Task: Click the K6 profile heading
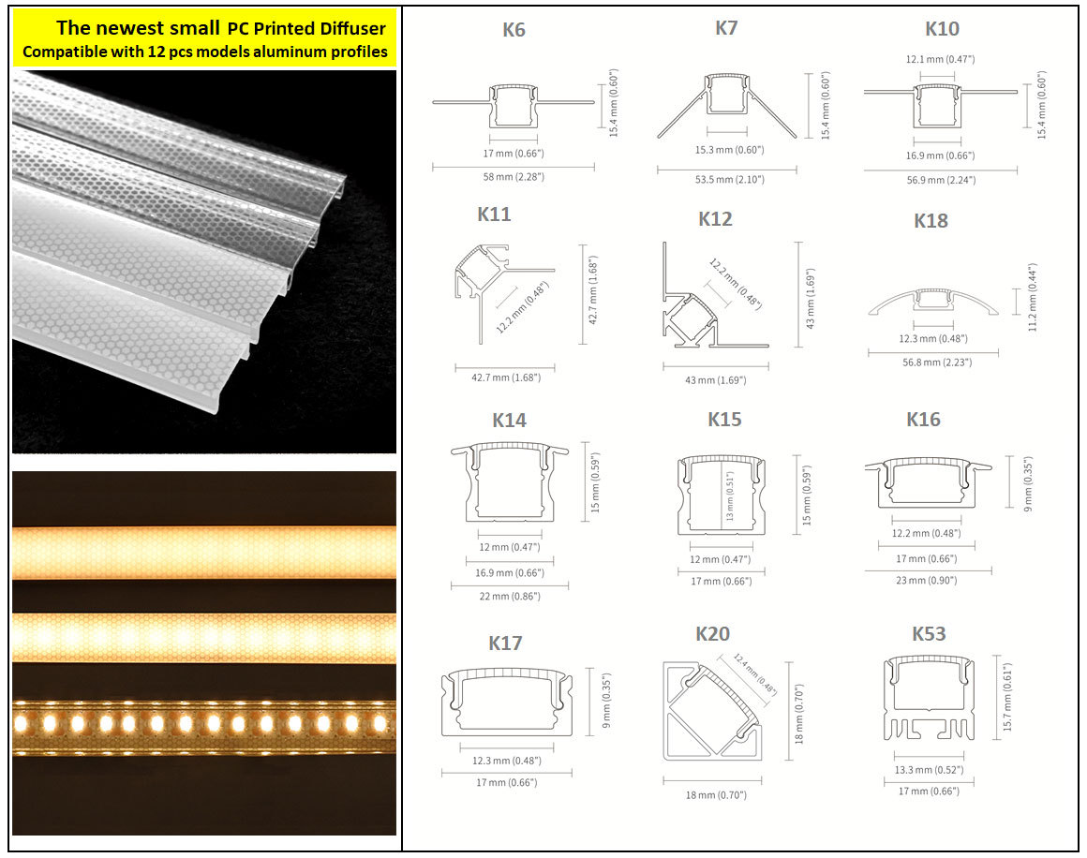click(514, 30)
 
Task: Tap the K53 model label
click(929, 633)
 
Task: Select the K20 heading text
click(713, 633)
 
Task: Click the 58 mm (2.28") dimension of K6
click(514, 177)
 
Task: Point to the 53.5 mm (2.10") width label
click(729, 180)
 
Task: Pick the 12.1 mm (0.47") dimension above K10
click(940, 59)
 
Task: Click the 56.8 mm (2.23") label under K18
click(936, 362)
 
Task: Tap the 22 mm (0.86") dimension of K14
click(510, 596)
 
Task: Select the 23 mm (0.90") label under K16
click(926, 580)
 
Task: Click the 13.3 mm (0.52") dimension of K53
click(929, 770)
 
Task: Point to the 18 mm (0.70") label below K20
click(716, 795)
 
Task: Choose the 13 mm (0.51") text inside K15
click(729, 496)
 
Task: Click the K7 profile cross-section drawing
click(727, 105)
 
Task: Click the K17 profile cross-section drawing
click(507, 703)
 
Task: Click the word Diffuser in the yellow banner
click(352, 28)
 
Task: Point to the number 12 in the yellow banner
click(156, 52)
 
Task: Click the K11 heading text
click(494, 214)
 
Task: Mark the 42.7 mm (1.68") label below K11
click(505, 377)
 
